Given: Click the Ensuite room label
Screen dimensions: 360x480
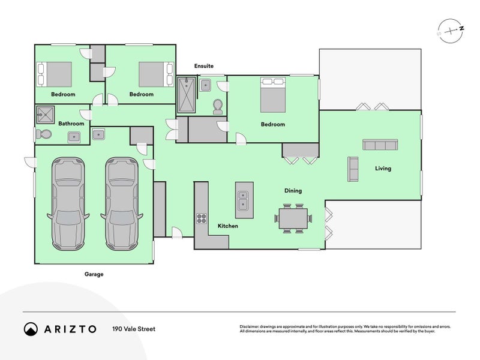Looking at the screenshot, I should click(204, 66).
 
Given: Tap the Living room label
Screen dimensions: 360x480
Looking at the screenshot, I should click(383, 169).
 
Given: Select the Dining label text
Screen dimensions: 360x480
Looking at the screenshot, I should click(293, 191).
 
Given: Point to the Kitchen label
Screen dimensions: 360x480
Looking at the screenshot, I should click(228, 226).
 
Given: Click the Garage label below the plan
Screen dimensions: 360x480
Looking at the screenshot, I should click(94, 274).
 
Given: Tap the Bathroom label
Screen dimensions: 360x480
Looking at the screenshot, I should click(71, 124).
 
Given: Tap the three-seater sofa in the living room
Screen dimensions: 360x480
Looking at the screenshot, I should click(380, 145).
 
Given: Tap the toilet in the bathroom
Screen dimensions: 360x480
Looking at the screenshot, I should click(44, 134).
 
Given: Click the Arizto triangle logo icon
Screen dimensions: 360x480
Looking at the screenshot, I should click(31, 329).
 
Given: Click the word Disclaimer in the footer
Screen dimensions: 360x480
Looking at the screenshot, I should click(252, 326).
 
